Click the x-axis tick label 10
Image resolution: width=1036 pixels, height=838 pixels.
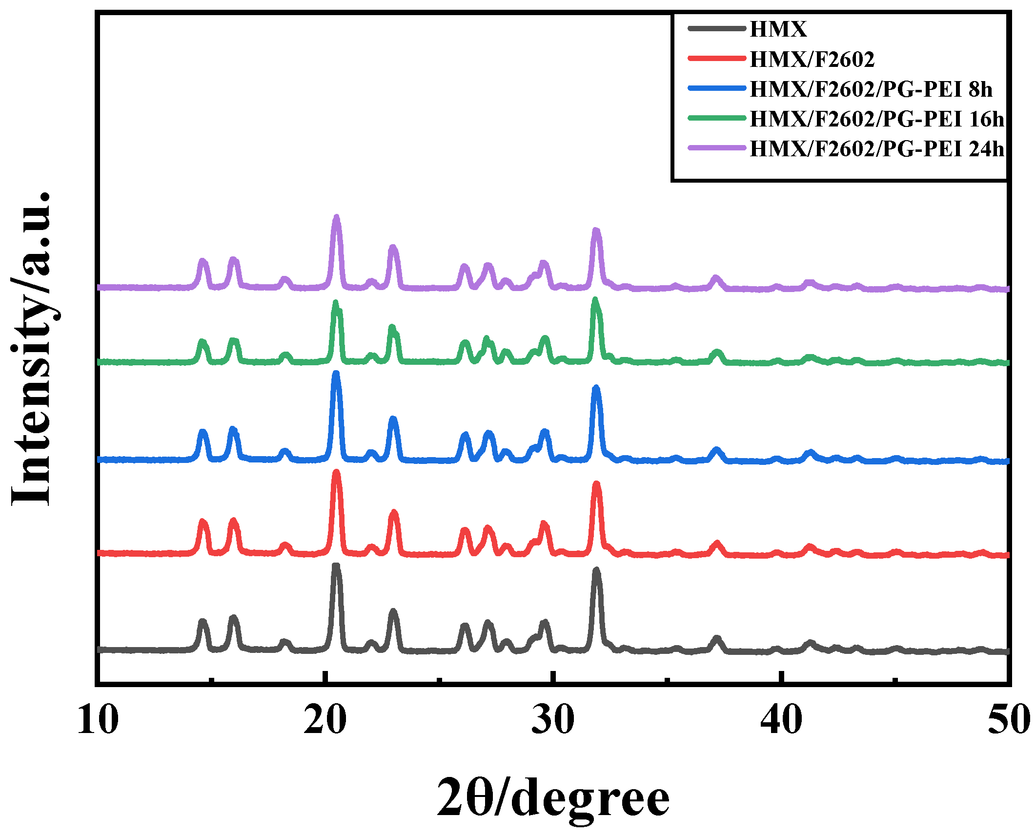(98, 720)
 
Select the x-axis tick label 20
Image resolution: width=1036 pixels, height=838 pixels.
(325, 720)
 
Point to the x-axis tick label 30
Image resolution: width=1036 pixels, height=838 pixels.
(553, 720)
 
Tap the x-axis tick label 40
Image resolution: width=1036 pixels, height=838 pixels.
(781, 720)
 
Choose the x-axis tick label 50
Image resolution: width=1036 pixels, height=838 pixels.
(1008, 720)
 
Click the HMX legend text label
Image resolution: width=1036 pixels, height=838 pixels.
(778, 29)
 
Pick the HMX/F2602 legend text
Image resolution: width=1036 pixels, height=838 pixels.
(812, 60)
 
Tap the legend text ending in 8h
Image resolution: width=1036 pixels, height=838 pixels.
(871, 89)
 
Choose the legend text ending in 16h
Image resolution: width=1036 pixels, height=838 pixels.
(877, 119)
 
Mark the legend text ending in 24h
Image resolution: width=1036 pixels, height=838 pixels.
(877, 149)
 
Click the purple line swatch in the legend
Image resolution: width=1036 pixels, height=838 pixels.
(717, 147)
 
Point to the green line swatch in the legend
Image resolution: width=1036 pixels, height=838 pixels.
(717, 118)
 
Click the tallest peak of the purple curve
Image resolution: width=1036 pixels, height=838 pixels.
(336, 218)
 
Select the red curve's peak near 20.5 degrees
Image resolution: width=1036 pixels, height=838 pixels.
(336, 473)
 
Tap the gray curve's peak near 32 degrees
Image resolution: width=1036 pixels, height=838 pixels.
(596, 570)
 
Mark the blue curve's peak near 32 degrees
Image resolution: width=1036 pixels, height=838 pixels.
(596, 388)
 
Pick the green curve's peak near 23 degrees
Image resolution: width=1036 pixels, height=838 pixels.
(392, 327)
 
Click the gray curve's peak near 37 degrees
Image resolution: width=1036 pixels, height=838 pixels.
(716, 639)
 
